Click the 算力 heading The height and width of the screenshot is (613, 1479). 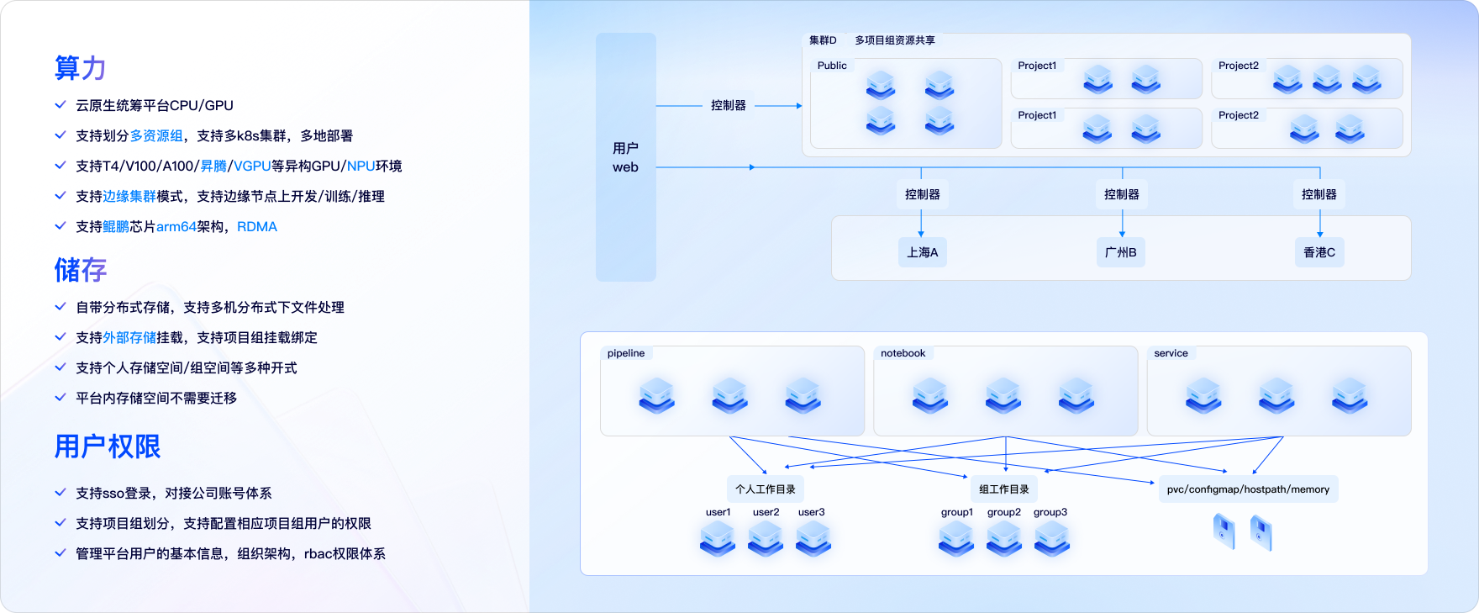pyautogui.click(x=80, y=68)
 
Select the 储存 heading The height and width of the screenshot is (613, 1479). pyautogui.click(x=80, y=270)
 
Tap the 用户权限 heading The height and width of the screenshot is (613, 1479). pyautogui.click(x=107, y=447)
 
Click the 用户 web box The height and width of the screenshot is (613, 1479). pyautogui.click(x=625, y=157)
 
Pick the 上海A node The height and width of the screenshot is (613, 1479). pyautogui.click(x=922, y=252)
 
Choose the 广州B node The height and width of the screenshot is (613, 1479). pyautogui.click(x=1121, y=252)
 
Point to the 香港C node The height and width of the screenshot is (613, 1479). pyautogui.click(x=1319, y=252)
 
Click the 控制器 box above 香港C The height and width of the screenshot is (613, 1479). pyautogui.click(x=1319, y=194)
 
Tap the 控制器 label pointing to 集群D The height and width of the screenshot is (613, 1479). pyautogui.click(x=728, y=106)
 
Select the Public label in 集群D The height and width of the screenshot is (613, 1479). pyautogui.click(x=832, y=66)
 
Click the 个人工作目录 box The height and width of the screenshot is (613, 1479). pyautogui.click(x=765, y=489)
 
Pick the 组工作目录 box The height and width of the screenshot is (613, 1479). pyautogui.click(x=1003, y=489)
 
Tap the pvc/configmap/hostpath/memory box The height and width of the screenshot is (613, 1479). pyautogui.click(x=1248, y=489)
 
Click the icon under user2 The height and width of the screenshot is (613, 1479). pyautogui.click(x=766, y=538)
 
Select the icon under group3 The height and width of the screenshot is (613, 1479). pyautogui.click(x=1051, y=538)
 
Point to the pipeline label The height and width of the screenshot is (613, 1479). pyautogui.click(x=626, y=353)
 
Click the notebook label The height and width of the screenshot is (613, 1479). pyautogui.click(x=903, y=353)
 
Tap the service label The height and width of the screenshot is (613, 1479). pyautogui.click(x=1171, y=353)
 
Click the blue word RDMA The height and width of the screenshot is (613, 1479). pyautogui.click(x=257, y=227)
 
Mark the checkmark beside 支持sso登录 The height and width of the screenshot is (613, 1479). pyautogui.click(x=61, y=493)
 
